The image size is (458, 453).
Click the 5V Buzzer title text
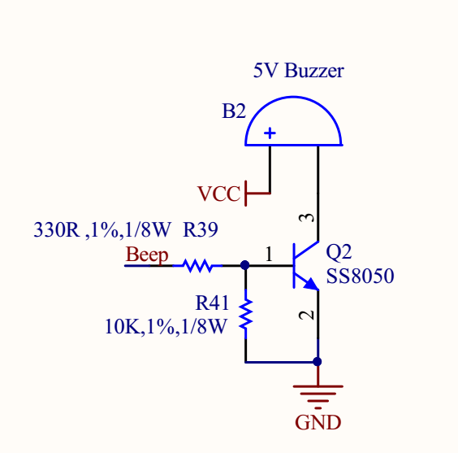pos(299,71)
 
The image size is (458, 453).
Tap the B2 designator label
pos(234,111)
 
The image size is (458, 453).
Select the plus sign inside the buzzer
pos(270,133)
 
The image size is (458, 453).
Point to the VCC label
pos(219,194)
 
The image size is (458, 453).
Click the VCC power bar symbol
pos(246,194)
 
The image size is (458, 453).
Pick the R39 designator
pos(201,229)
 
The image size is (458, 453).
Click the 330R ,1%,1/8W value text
pos(102,229)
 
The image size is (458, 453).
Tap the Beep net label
pos(147,255)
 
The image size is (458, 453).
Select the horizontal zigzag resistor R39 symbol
pos(198,266)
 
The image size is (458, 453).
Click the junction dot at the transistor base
pos(244,265)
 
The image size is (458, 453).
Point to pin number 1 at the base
pos(269,254)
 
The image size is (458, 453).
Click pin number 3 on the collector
pos(306,218)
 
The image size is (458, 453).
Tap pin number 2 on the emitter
pos(306,315)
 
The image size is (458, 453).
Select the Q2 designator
pos(339,252)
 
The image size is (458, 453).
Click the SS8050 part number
pos(361,276)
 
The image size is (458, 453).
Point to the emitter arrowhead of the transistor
pos(311,284)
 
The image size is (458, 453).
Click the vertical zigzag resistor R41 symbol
pos(246,314)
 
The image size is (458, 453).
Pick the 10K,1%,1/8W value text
pos(166,327)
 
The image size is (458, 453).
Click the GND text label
pos(318,423)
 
